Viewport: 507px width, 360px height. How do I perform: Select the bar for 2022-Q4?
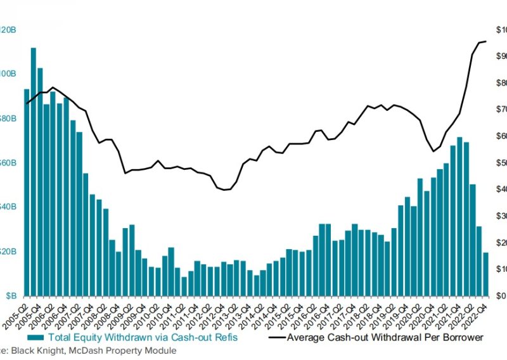[485, 274]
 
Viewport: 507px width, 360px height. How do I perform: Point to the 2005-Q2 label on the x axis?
[17, 310]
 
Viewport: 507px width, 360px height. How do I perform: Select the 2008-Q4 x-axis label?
[108, 310]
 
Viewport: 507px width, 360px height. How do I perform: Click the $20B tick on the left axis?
[9, 252]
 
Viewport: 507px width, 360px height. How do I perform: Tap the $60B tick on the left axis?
[9, 163]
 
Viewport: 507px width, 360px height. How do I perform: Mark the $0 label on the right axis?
[501, 296]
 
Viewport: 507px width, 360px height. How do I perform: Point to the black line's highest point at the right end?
[485, 42]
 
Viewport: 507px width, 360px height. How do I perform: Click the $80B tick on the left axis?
[9, 119]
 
